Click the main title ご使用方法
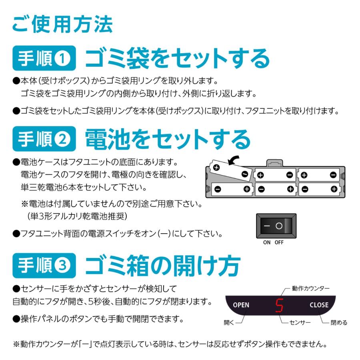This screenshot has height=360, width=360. click(x=62, y=25)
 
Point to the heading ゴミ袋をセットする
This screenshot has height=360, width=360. click(x=177, y=59)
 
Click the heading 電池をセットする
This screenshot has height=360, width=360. click(x=168, y=139)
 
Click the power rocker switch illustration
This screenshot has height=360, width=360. click(x=276, y=226)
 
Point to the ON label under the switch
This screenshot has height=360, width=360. click(x=267, y=242)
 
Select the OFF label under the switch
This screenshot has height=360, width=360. click(x=279, y=242)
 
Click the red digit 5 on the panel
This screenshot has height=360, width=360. click(x=279, y=305)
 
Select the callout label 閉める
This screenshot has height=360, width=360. click(x=339, y=323)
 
